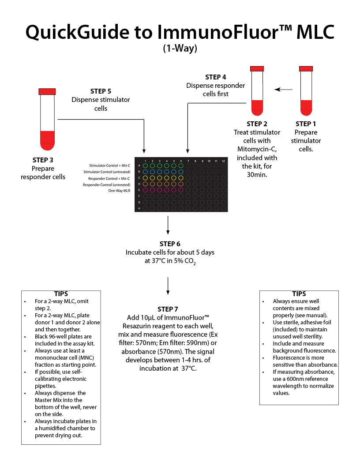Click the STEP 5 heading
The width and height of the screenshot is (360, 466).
pyautogui.click(x=101, y=91)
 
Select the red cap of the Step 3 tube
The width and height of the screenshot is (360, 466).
pyautogui.click(x=47, y=91)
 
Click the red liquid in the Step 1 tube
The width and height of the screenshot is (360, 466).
pyautogui.click(x=306, y=107)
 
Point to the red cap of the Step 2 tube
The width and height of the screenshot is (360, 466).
pyautogui.click(x=257, y=69)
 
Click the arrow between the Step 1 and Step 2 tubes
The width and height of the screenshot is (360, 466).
pyautogui.click(x=283, y=90)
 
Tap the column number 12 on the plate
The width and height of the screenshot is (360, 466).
pyautogui.click(x=223, y=161)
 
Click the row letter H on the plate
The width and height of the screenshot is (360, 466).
pyautogui.click(x=139, y=208)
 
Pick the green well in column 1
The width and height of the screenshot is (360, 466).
pyautogui.click(x=145, y=165)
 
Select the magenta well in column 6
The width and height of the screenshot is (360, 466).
pyautogui.click(x=180, y=190)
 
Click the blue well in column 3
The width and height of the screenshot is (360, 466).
pyautogui.click(x=159, y=172)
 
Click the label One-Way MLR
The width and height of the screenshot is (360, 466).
pyautogui.click(x=119, y=190)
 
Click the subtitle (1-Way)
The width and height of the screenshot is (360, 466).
pyautogui.click(x=180, y=49)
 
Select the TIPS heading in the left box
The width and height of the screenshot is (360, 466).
pyautogui.click(x=61, y=293)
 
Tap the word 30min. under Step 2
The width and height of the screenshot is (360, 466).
pyautogui.click(x=257, y=174)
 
